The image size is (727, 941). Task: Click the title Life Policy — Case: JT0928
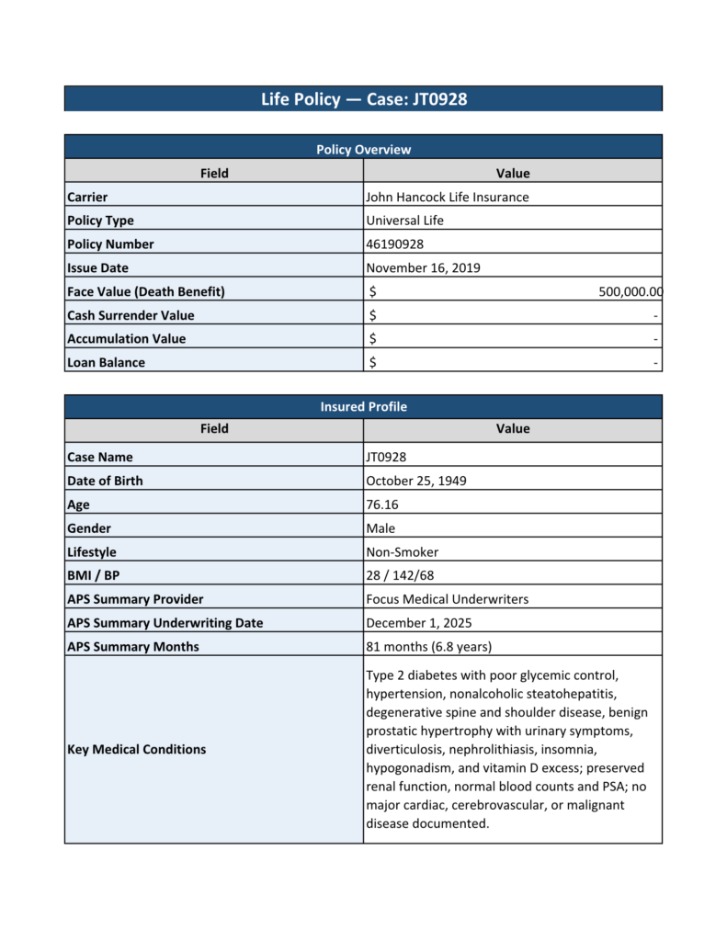(363, 99)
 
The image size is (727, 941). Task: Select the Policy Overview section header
(363, 149)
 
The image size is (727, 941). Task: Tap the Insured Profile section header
(363, 406)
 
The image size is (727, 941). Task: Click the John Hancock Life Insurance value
(447, 197)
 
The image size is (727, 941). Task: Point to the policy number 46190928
(394, 244)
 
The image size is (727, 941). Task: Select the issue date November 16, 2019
(423, 268)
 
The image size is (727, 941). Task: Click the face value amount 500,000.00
(630, 292)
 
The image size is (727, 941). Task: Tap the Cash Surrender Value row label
(131, 315)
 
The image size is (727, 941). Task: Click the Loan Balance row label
(106, 362)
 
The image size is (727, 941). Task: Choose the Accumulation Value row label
(126, 339)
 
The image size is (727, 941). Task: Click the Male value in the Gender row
(380, 528)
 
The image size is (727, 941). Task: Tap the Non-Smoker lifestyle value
(402, 552)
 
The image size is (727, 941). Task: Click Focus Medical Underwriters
(447, 599)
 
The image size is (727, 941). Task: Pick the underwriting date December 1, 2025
(419, 623)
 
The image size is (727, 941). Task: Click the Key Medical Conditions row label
(136, 749)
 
